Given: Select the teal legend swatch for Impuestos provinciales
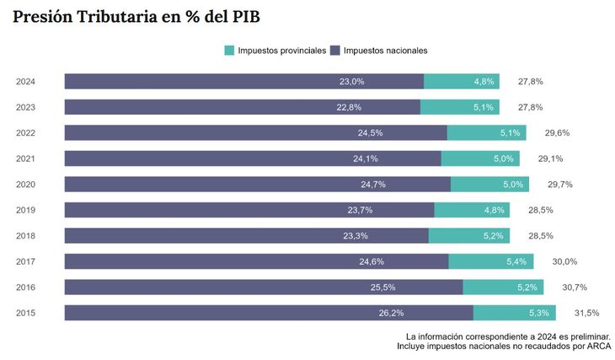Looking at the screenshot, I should tap(229, 51).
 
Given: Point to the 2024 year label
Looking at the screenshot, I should tap(25, 82).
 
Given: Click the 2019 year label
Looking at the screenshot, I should tap(25, 210).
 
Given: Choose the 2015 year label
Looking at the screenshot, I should tap(25, 313).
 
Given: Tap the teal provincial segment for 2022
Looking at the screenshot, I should tap(486, 133).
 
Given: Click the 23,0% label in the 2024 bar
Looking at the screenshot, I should tap(351, 82).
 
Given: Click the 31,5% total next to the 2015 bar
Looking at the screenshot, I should tap(586, 314).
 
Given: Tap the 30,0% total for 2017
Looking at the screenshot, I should tap(564, 262).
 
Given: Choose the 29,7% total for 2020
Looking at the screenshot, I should tap(559, 185).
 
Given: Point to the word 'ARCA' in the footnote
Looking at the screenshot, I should tap(598, 346).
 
